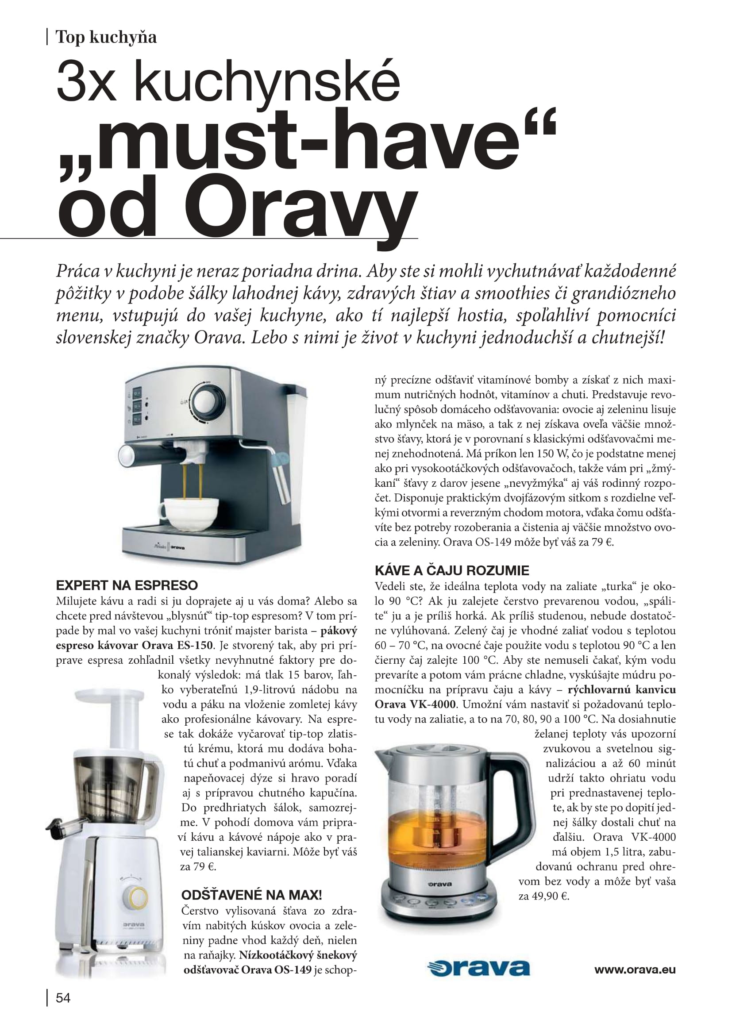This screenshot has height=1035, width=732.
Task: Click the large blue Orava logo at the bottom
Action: click(x=478, y=968)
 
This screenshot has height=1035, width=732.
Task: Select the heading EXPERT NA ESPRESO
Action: click(x=127, y=585)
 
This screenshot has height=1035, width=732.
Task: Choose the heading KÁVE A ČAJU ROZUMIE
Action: click(x=452, y=571)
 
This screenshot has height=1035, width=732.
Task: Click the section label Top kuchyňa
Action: click(x=106, y=37)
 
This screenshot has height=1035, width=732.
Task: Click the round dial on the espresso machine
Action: click(x=208, y=398)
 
